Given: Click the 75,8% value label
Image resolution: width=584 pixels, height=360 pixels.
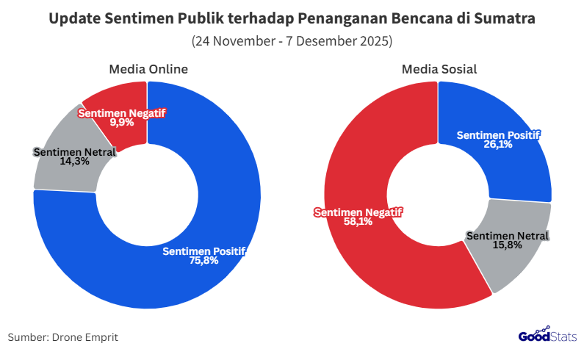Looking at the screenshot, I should coord(203,260).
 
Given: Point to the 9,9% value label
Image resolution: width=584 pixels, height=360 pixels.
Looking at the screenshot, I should coord(122,122).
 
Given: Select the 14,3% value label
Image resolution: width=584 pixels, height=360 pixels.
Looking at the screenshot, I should coord(74,161).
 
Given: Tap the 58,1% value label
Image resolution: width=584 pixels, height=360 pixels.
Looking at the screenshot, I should coord(358,221).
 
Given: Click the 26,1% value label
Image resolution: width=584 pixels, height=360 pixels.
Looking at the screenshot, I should coord(497,145).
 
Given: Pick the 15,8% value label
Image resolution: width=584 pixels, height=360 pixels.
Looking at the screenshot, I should coord(508,245).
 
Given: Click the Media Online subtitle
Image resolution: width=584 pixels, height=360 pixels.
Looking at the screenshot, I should coord(148,70).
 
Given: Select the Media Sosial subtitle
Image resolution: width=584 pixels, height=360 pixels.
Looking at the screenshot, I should coord(439,70).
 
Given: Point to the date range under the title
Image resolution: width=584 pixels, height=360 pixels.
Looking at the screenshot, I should coord(292,41).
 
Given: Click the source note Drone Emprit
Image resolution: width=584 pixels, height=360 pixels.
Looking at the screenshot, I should coord(63,337).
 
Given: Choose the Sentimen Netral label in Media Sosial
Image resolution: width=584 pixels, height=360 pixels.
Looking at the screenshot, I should coord(508,236).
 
